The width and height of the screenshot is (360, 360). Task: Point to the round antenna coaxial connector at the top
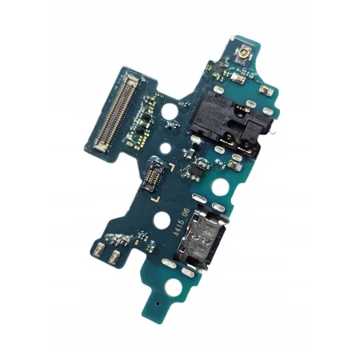(x=240, y=55)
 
